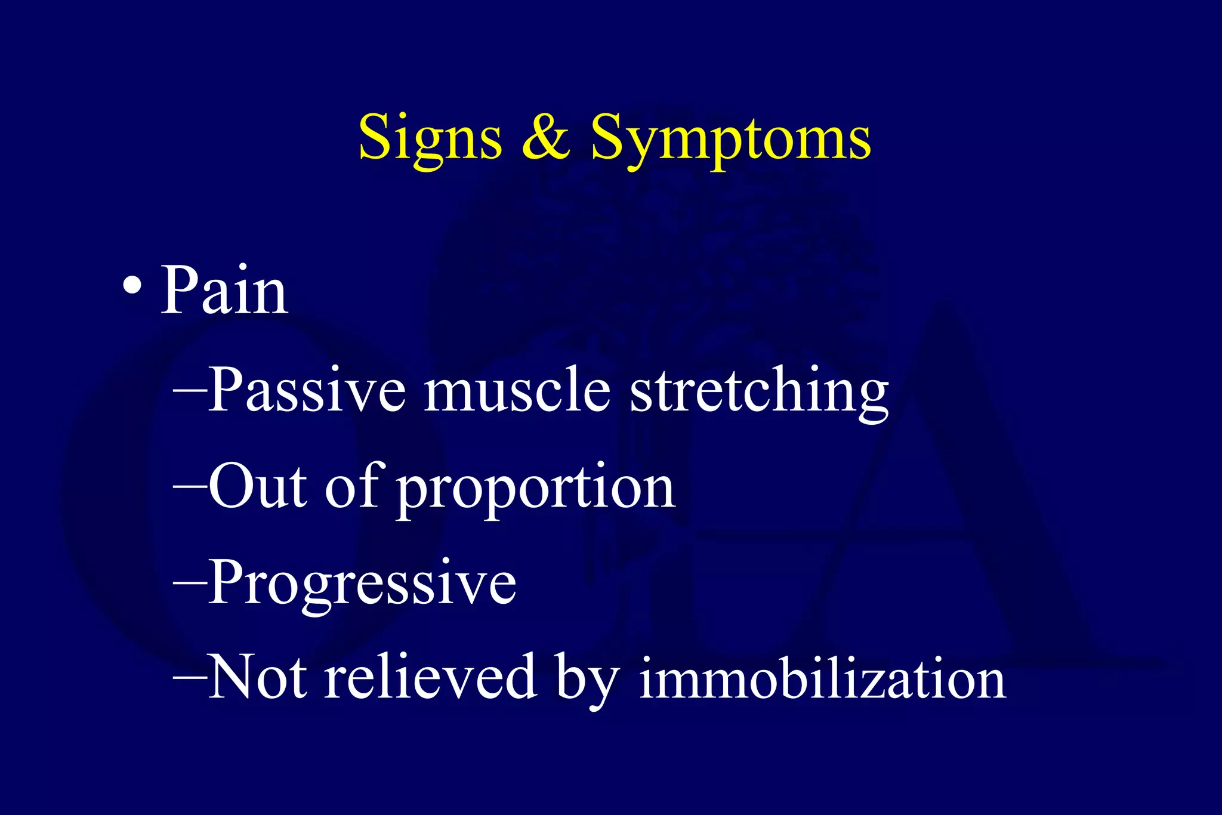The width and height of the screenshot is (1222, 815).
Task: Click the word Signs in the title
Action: point(430,138)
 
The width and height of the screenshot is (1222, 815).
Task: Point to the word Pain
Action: point(224,291)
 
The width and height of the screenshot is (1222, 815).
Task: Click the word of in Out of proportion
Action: point(352,486)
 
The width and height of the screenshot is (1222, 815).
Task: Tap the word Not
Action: point(258,677)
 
